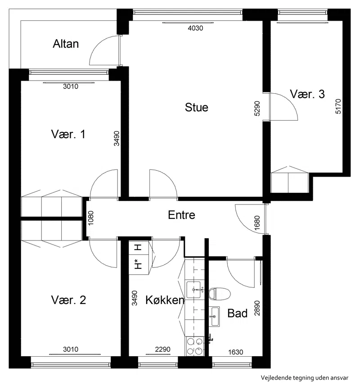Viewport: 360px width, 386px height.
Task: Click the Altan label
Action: coord(66,44)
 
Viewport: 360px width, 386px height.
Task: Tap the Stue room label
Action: coord(197,107)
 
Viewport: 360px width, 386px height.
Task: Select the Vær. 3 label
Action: coord(307,94)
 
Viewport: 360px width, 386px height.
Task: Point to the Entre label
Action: coord(181,215)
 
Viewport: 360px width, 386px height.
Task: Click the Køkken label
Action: coord(165,300)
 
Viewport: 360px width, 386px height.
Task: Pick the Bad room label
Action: coord(237,313)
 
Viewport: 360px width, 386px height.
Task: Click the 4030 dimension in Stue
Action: coord(195,28)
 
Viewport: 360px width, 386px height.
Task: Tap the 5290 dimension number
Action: coord(257,108)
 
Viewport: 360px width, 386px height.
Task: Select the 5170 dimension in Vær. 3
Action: coord(338,106)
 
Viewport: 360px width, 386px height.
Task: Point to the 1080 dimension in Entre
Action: coord(91,218)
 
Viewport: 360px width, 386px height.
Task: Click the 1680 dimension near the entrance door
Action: coord(257,223)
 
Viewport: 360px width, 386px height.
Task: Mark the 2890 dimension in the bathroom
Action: coord(257,308)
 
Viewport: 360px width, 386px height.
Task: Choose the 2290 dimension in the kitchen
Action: coord(163,350)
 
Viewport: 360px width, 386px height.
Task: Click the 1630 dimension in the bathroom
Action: coord(235,352)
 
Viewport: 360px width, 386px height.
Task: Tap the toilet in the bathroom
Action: coord(220,294)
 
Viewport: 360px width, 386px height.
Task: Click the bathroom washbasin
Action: coord(214,317)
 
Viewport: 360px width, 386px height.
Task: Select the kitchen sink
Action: coord(193,290)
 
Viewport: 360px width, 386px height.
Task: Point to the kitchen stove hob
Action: coord(194,346)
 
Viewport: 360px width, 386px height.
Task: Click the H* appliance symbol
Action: coord(139,264)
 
